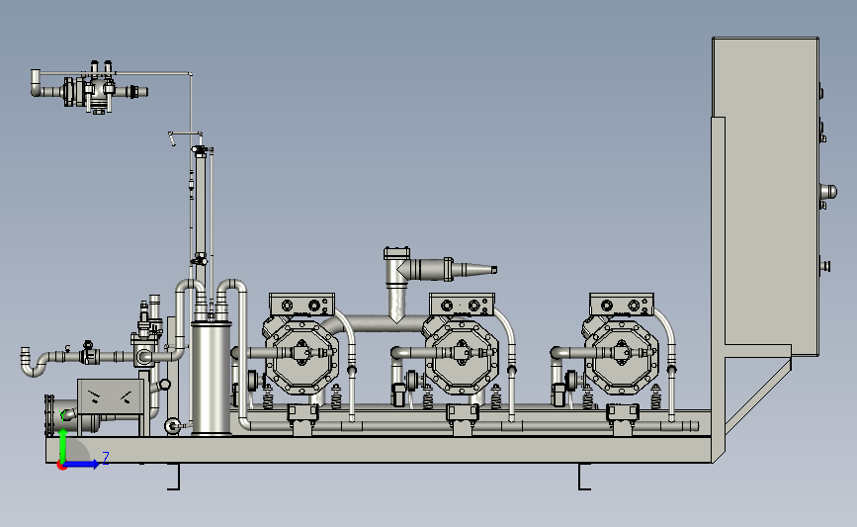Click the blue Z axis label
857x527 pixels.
click(x=106, y=458)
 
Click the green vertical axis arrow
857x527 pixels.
click(x=63, y=445)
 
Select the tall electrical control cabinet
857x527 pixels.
click(x=765, y=197)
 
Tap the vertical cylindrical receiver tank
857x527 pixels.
click(x=211, y=379)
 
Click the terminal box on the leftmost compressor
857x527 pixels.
click(x=301, y=305)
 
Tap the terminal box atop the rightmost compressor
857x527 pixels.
click(x=622, y=305)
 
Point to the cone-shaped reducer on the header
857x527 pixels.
click(x=474, y=270)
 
